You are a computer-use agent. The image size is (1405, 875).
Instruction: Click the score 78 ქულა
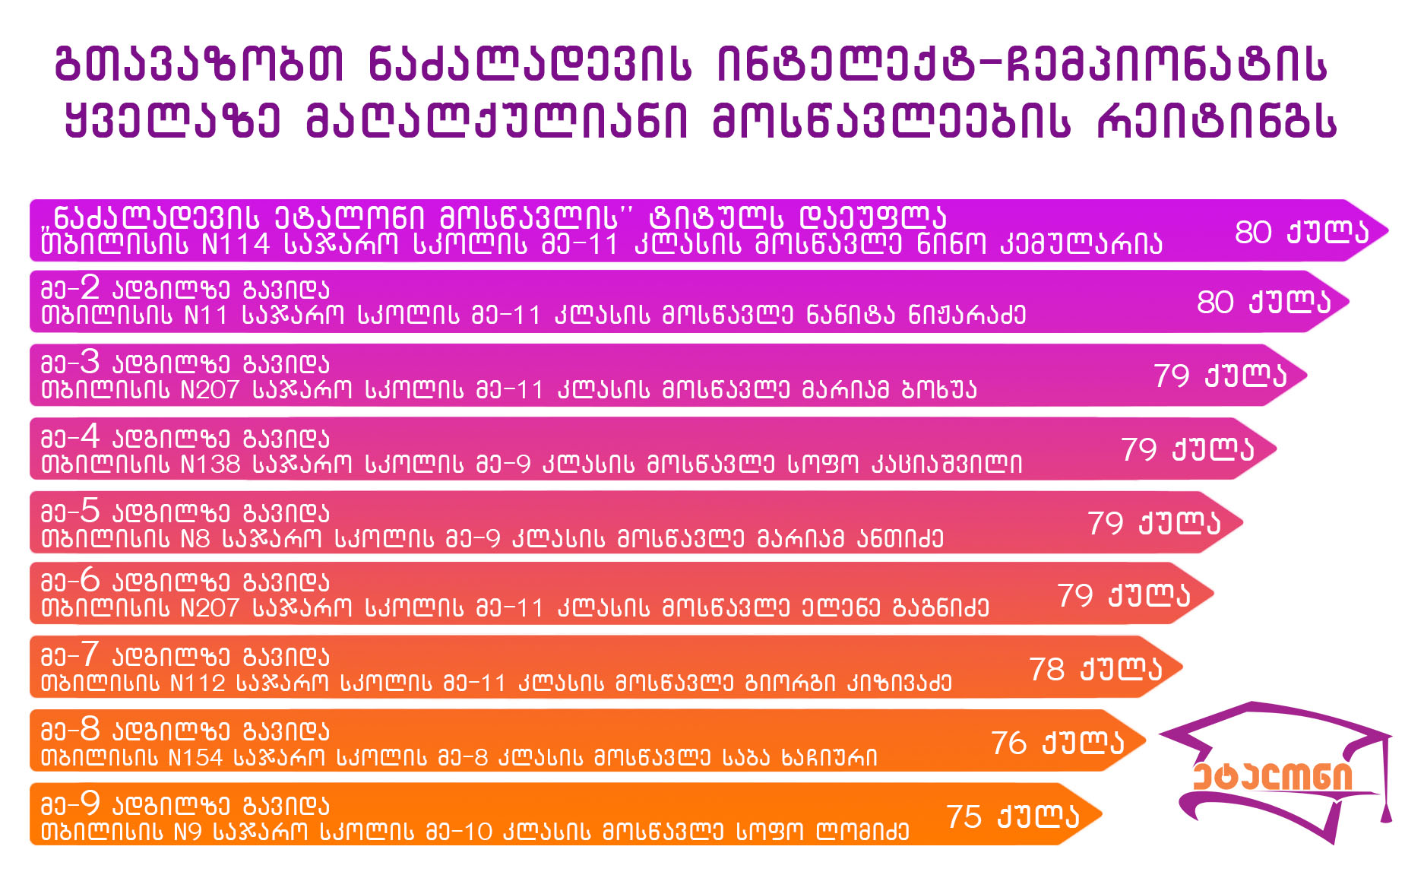pyautogui.click(x=1096, y=669)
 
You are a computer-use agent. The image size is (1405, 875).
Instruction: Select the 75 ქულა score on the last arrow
pyautogui.click(x=1013, y=816)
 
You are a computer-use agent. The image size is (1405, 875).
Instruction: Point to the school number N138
pyautogui.click(x=210, y=464)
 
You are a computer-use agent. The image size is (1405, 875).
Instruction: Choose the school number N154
pyautogui.click(x=195, y=757)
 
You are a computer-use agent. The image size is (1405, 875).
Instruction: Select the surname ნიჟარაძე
pyautogui.click(x=967, y=315)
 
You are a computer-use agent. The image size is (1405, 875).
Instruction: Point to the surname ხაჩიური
pyautogui.click(x=830, y=757)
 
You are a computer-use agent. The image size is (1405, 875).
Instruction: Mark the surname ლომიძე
pyautogui.click(x=862, y=831)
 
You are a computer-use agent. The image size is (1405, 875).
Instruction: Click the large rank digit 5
pyautogui.click(x=90, y=510)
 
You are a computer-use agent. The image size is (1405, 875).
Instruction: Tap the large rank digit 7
pyautogui.click(x=90, y=654)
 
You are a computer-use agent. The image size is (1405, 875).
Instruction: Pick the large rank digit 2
pyautogui.click(x=90, y=287)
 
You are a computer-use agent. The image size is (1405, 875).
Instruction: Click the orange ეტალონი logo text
pyautogui.click(x=1273, y=776)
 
